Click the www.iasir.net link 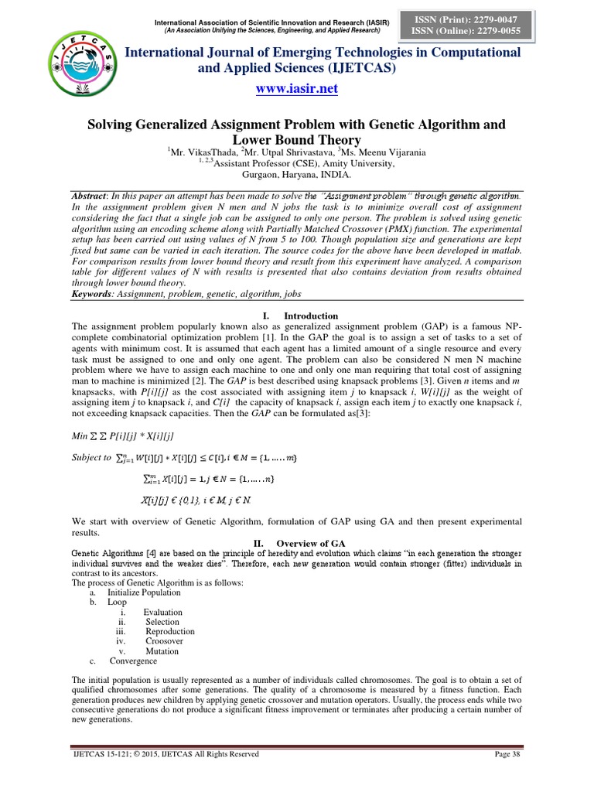[297, 88]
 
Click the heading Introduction [310, 316]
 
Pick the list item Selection [162, 622]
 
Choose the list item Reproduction [169, 632]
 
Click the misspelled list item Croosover [164, 641]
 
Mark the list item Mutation [162, 651]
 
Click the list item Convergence [133, 661]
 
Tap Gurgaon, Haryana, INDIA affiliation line [296, 175]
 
